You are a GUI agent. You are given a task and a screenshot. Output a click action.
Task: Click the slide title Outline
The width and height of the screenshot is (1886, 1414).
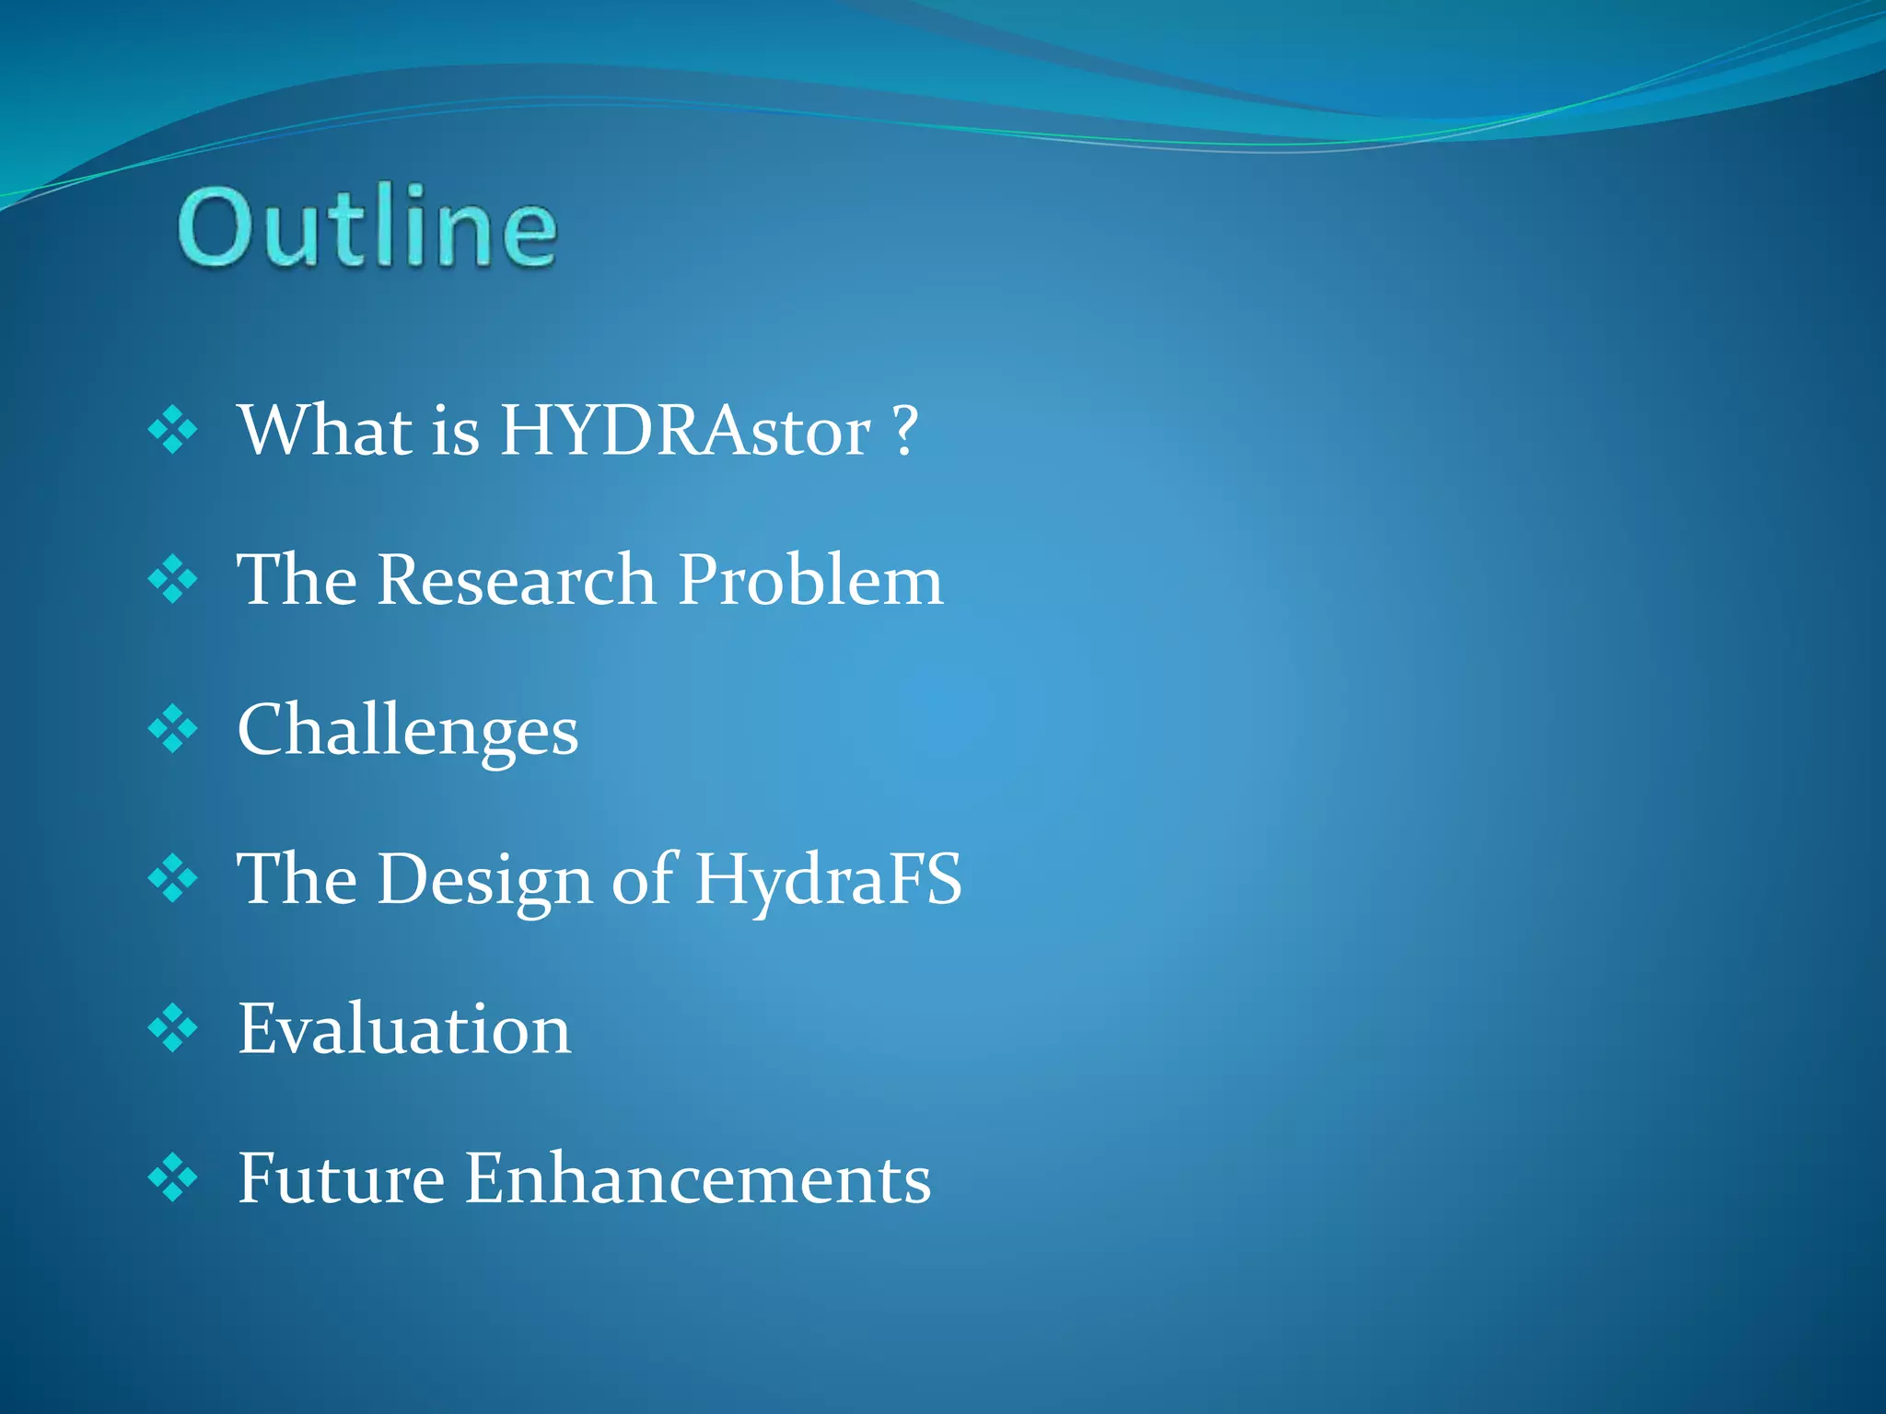(367, 226)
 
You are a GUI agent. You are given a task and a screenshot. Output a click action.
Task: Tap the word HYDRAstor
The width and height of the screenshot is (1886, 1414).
(685, 431)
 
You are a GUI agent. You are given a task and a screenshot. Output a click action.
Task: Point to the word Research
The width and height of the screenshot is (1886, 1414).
(516, 580)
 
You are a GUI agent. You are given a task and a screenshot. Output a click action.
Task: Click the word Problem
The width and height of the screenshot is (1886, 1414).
(810, 582)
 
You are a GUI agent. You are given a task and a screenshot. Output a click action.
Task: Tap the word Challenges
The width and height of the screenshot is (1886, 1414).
(408, 731)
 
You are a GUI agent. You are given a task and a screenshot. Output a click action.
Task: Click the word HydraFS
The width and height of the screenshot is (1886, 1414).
(828, 880)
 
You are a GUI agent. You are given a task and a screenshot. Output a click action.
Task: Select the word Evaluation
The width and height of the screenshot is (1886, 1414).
(404, 1029)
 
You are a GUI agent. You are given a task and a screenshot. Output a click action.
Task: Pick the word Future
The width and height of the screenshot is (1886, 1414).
(342, 1178)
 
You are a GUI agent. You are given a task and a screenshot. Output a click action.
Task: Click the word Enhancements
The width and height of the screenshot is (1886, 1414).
(698, 1178)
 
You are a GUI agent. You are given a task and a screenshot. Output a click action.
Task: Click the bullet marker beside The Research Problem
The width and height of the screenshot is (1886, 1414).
(172, 580)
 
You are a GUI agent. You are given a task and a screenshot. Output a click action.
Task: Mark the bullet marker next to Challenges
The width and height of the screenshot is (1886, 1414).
(172, 730)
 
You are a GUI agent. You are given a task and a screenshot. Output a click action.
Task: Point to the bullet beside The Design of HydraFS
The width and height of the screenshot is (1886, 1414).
(172, 879)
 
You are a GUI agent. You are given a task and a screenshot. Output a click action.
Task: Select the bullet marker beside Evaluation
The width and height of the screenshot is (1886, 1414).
(172, 1028)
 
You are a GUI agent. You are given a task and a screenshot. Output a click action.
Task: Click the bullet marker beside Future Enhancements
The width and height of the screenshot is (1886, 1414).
(172, 1178)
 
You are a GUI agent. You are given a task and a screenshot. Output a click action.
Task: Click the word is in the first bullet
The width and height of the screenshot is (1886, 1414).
(456, 431)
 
